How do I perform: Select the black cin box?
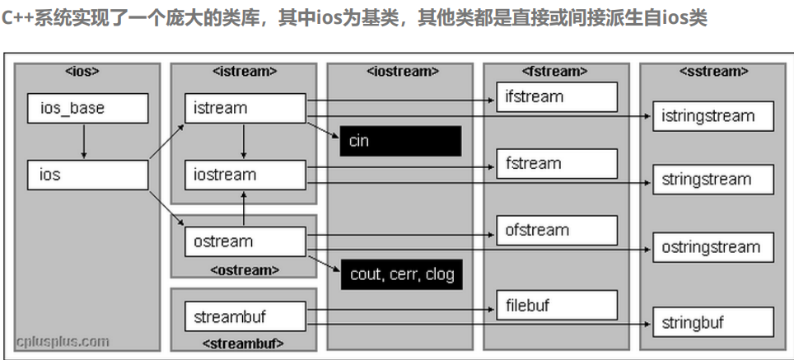400,141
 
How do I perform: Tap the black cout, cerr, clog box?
401,274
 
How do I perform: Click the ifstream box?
556,96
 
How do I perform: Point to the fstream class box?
556,163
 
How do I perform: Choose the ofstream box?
556,230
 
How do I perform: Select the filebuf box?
556,306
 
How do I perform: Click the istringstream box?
713,116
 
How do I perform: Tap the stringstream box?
713,179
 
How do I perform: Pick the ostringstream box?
713,247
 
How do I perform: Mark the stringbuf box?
713,322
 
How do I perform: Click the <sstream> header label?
713,72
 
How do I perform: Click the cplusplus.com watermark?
63,340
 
